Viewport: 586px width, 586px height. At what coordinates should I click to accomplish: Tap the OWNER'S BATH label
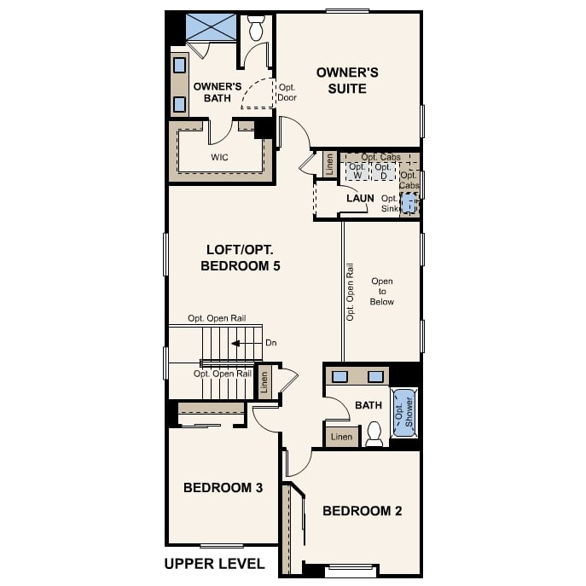click(x=218, y=92)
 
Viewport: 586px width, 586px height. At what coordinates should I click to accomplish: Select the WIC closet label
click(x=219, y=158)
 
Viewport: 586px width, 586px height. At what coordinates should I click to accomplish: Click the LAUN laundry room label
click(x=360, y=199)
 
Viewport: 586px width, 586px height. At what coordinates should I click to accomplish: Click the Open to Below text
click(x=382, y=291)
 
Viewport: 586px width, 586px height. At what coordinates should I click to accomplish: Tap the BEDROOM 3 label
click(x=223, y=488)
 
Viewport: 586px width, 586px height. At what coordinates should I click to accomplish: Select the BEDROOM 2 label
click(x=362, y=511)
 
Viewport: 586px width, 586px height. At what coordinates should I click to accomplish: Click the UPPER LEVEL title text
click(x=214, y=564)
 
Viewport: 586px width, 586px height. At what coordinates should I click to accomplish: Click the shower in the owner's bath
click(x=211, y=27)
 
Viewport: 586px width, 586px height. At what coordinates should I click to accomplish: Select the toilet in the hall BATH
click(x=374, y=435)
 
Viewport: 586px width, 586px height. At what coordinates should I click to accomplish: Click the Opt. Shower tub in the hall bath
click(x=404, y=414)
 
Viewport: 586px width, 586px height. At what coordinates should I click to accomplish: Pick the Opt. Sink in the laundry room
click(x=410, y=203)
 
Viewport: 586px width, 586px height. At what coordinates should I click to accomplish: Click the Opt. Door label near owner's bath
click(x=287, y=92)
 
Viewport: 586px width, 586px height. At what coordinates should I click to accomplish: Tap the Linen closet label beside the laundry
click(x=329, y=165)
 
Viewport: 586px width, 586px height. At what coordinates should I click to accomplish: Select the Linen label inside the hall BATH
click(x=341, y=438)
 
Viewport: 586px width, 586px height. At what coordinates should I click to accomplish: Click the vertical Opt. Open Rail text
click(x=350, y=291)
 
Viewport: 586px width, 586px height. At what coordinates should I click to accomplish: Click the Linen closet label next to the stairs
click(x=264, y=382)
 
